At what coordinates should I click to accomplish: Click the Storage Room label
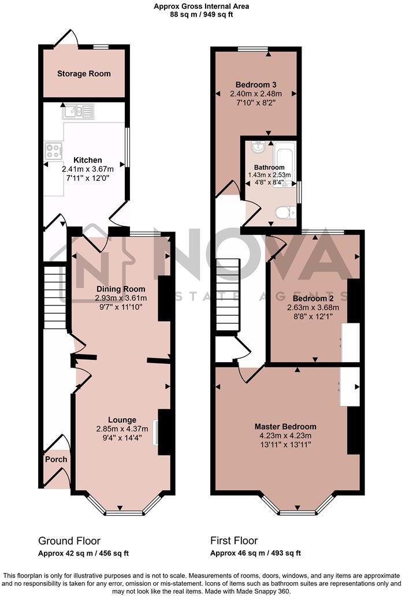(x=84, y=74)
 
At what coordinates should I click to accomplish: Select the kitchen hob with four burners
(x=54, y=151)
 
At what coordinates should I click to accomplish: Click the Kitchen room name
(x=88, y=160)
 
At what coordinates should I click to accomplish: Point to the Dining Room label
(x=121, y=289)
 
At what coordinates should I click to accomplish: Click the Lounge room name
(x=122, y=420)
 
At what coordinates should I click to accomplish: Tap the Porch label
(x=56, y=460)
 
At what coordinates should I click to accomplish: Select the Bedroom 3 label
(x=256, y=84)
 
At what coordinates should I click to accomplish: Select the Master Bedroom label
(x=285, y=427)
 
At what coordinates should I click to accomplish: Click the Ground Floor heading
(x=69, y=541)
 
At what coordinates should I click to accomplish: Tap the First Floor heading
(x=234, y=541)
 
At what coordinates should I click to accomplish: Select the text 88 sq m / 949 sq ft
(x=201, y=15)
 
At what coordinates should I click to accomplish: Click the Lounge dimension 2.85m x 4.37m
(x=122, y=429)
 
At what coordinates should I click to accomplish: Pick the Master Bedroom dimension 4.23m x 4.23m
(x=285, y=436)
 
